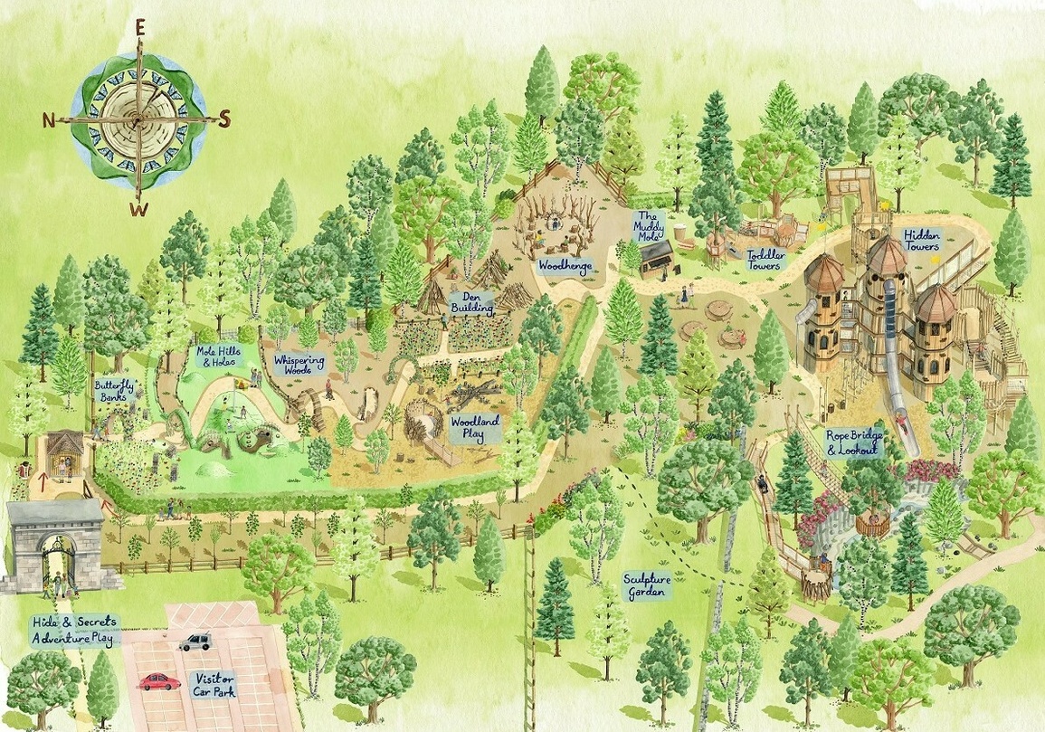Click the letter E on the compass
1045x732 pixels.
140,27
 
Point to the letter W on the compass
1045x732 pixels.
138,211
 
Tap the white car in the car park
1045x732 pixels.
195,642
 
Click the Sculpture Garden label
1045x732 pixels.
645,585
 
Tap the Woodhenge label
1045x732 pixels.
564,266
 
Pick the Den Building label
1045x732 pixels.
472,301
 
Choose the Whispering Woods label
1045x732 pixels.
299,365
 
